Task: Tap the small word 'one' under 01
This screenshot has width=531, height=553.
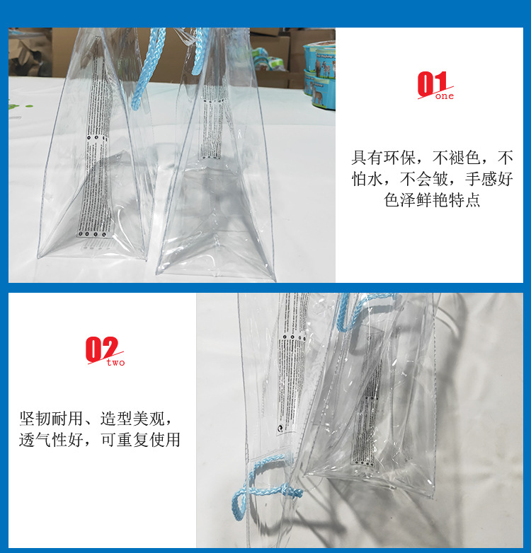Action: [x=445, y=96]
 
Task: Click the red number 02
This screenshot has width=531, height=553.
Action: [x=101, y=349]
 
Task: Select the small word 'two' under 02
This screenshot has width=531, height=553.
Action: [x=115, y=363]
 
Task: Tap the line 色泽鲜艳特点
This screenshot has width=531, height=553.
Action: [x=432, y=200]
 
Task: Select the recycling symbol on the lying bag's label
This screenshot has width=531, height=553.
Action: [x=282, y=429]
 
